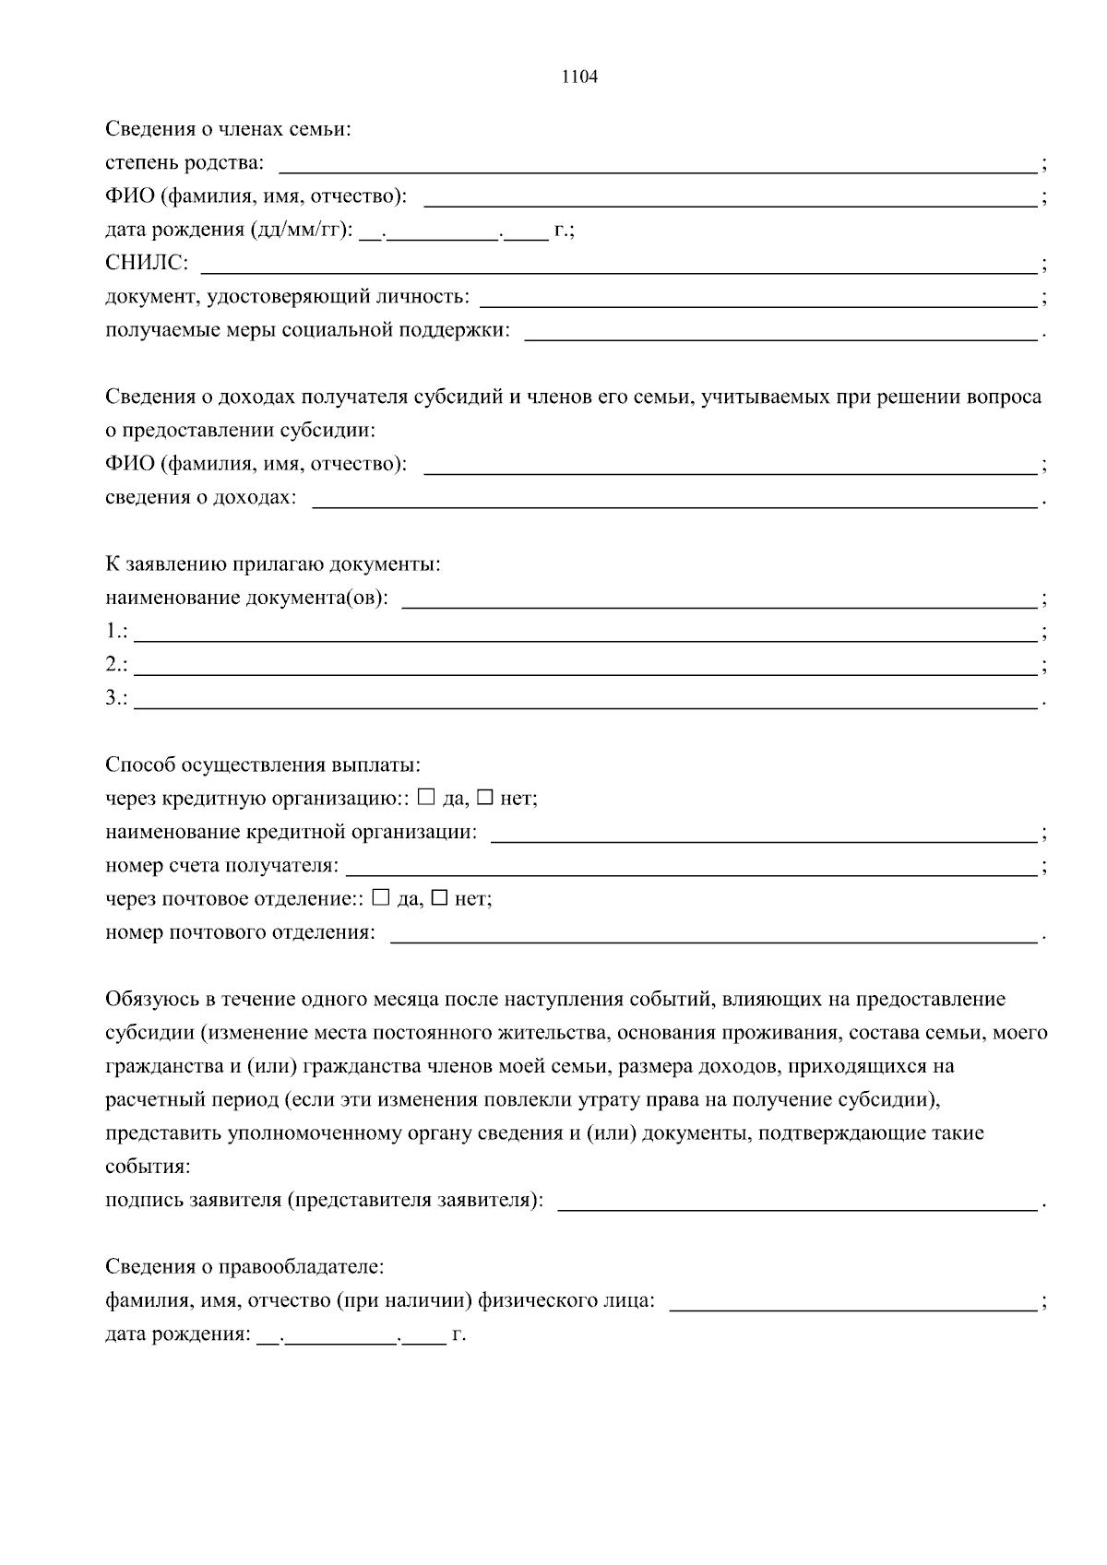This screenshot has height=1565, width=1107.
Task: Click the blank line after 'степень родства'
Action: point(657,166)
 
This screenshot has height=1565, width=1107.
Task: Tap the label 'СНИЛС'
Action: point(146,264)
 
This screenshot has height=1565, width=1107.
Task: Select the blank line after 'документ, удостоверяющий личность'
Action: point(758,299)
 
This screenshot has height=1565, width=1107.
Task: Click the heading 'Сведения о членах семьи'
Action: point(228,130)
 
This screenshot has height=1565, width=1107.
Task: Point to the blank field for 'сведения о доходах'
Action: point(675,500)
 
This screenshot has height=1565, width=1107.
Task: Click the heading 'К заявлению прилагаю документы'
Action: point(272,563)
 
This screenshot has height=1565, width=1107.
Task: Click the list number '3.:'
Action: point(116,698)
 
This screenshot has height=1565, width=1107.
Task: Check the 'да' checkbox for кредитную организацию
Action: point(425,798)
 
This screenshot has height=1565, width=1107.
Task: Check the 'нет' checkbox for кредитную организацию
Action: point(484,798)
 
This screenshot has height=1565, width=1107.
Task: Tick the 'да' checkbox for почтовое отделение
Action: point(381,897)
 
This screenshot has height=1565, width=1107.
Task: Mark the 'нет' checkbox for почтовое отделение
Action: point(440,897)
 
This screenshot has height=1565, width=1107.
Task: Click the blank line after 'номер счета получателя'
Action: point(690,868)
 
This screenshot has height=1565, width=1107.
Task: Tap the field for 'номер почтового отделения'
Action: point(714,935)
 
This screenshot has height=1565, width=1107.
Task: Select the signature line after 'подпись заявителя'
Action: point(797,1203)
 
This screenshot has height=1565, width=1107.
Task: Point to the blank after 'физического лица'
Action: point(852,1302)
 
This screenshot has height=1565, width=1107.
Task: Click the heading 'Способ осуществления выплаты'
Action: point(262,765)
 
